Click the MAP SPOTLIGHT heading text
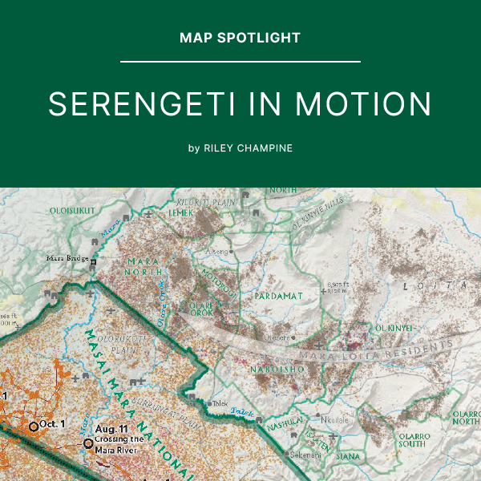click(240, 38)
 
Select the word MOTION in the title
click(364, 105)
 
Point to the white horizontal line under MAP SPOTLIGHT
click(240, 61)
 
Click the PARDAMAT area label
click(278, 296)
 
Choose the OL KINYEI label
click(394, 328)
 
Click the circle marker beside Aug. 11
click(87, 443)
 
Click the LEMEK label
click(181, 214)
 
